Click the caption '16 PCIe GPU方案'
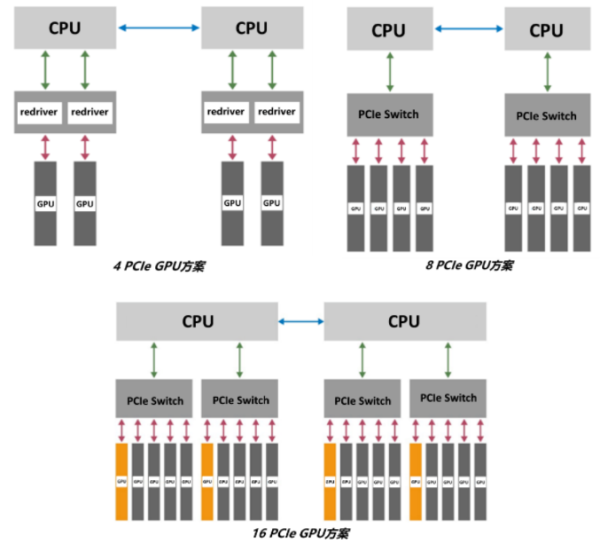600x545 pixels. point(301,533)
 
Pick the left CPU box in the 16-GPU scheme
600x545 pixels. point(197,321)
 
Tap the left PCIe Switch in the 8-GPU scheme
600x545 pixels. point(389,115)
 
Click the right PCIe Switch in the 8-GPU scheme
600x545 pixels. point(546,115)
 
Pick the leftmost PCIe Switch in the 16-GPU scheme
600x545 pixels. point(154,400)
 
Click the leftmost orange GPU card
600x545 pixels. point(122,481)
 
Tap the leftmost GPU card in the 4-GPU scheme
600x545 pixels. point(45,203)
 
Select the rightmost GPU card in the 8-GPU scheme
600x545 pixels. point(581,208)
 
